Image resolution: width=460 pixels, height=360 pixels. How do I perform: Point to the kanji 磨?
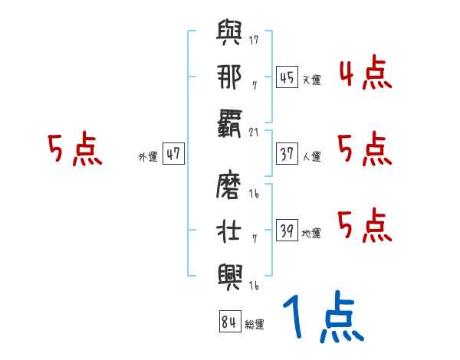pyautogui.click(x=229, y=188)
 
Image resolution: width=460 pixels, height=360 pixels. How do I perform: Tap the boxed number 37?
pyautogui.click(x=287, y=153)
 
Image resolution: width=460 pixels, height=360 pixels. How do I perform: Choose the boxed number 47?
pyautogui.click(x=173, y=153)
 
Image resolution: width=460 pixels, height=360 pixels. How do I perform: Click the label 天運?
pyautogui.click(x=311, y=80)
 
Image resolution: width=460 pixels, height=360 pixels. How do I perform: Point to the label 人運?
pyautogui.click(x=311, y=156)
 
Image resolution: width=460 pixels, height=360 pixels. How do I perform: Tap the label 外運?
pyautogui.click(x=147, y=156)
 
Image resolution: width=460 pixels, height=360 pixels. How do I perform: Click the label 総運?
pyautogui.click(x=255, y=324)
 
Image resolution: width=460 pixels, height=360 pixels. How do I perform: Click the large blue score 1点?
pyautogui.click(x=322, y=319)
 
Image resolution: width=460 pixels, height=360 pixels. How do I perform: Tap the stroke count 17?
pyautogui.click(x=254, y=39)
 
